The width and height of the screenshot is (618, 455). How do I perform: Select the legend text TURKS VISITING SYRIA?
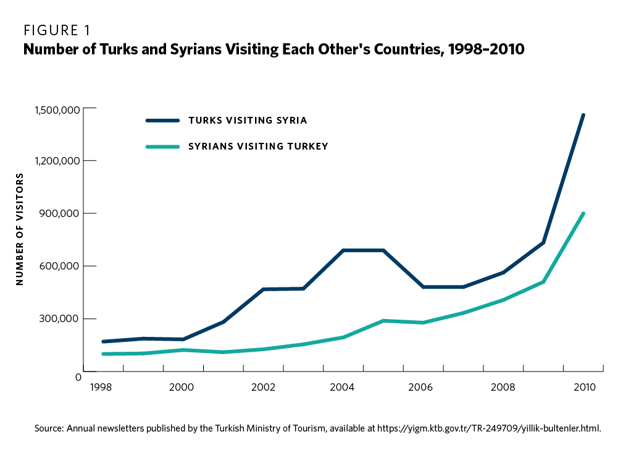248,120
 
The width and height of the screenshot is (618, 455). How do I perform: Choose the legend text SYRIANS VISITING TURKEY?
257,147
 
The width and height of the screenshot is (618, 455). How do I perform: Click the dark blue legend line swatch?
162,121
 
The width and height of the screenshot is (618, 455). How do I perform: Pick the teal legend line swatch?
162,147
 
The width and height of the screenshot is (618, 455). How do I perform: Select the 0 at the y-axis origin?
78,376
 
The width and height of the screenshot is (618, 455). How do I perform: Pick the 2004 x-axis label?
343,388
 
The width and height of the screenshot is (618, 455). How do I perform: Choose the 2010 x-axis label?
583,388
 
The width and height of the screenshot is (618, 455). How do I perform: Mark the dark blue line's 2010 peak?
583,115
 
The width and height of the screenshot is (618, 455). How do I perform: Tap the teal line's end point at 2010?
583,213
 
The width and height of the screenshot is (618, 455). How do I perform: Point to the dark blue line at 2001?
223,322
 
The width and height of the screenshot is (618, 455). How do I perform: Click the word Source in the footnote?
49,428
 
